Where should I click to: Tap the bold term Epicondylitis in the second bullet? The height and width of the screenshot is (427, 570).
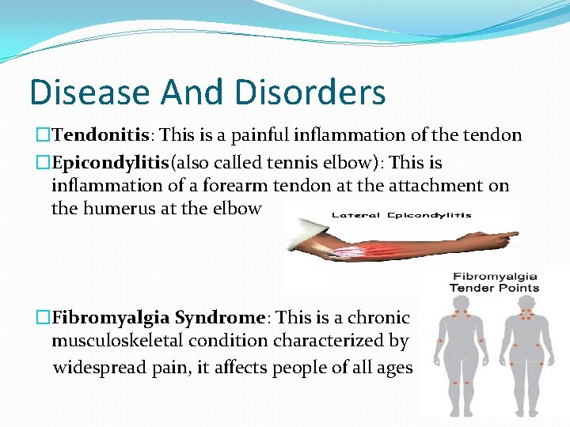click(x=110, y=163)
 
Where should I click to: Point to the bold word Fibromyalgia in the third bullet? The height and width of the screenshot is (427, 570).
click(x=111, y=318)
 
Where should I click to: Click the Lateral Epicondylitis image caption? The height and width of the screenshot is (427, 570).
click(x=401, y=214)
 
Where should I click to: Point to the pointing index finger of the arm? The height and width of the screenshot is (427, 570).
click(x=507, y=234)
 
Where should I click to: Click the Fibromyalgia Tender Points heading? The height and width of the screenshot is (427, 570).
click(x=493, y=282)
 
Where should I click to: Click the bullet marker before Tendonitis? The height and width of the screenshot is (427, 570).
click(x=44, y=136)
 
